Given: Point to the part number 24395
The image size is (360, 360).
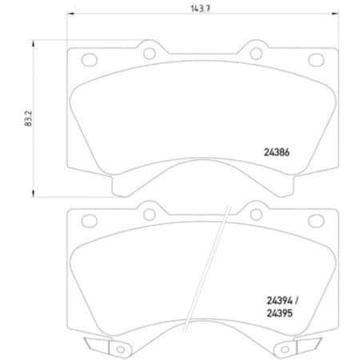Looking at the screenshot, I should (277, 313).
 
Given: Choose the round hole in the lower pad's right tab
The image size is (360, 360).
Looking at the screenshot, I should (254, 214).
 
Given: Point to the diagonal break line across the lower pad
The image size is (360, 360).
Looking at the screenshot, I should (204, 272).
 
